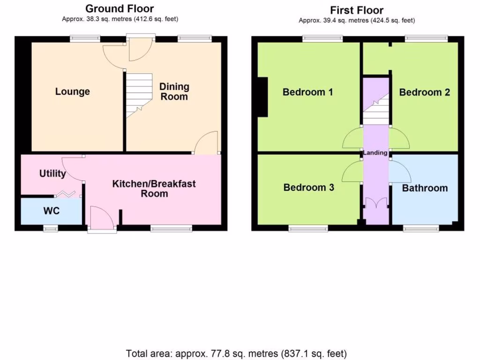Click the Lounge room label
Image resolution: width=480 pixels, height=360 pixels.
coord(72,91)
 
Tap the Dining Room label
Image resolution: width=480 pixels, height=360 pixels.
coord(174,91)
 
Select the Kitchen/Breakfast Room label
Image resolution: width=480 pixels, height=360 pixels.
coord(154,188)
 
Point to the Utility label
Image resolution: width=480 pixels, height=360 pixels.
coord(52,174)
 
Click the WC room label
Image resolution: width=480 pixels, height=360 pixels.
coord(52,211)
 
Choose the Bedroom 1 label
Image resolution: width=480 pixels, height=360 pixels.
coord(307,92)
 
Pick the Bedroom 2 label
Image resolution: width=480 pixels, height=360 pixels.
coord(424,92)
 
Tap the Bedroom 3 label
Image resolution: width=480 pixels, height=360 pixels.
coord(308,187)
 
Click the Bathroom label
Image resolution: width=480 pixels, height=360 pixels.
coord(425,188)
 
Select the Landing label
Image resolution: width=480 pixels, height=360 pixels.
coord(375,153)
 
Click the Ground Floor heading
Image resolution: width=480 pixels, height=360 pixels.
coord(120,8)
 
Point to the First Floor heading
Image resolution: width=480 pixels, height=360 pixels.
coord(357,10)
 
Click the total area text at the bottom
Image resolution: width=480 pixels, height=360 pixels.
coord(236,353)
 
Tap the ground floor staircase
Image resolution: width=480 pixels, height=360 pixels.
coord(139,96)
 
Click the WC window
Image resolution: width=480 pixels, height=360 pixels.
coord(51,228)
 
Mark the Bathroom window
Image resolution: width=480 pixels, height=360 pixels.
coord(421,228)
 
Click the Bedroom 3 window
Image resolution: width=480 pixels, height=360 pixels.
coord(308,228)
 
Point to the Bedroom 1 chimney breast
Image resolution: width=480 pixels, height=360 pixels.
coord(262,97)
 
